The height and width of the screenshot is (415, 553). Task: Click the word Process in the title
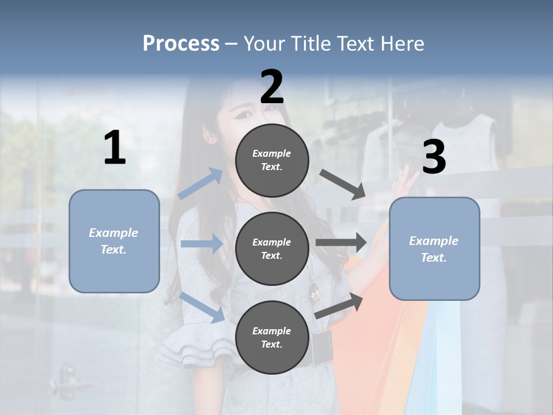coord(181,43)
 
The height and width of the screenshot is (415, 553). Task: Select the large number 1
coord(115,148)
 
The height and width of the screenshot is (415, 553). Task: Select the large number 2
coord(272,86)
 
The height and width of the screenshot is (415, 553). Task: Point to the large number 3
coord(434,157)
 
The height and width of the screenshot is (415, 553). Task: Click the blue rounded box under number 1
coord(114,241)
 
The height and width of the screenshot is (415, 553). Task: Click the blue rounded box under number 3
coord(434,249)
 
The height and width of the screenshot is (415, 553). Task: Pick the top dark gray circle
coord(272,160)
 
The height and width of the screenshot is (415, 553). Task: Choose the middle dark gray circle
coord(272,249)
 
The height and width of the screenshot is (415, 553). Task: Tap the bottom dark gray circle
coord(272,338)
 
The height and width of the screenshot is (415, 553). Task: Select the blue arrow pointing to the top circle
coord(201,184)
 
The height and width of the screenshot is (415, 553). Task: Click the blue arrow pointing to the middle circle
coord(202,244)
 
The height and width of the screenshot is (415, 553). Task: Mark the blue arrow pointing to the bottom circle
coord(202,307)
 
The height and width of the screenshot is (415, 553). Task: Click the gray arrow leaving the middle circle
coord(341,242)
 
